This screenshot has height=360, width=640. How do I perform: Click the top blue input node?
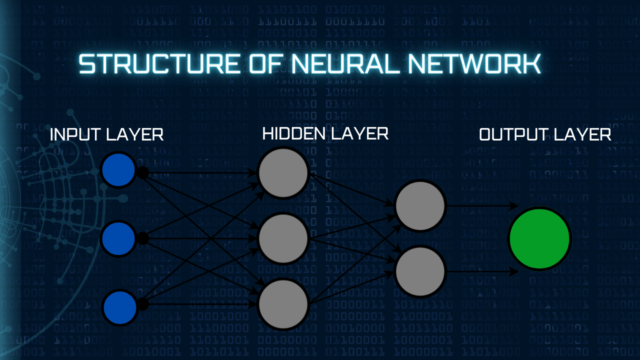(x=118, y=170)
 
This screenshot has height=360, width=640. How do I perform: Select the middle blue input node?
(x=118, y=239)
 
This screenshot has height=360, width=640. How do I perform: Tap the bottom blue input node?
(x=119, y=306)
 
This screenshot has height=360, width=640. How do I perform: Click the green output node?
(x=539, y=239)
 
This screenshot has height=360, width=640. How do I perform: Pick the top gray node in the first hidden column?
(x=283, y=172)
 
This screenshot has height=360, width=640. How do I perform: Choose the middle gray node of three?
(x=283, y=238)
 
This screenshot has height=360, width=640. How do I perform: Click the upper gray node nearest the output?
(x=420, y=205)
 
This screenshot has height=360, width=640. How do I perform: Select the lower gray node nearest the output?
(x=420, y=271)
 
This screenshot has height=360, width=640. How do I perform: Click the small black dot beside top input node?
(x=143, y=173)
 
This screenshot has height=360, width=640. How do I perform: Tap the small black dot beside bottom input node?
(x=143, y=303)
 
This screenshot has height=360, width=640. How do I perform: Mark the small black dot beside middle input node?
(x=143, y=238)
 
